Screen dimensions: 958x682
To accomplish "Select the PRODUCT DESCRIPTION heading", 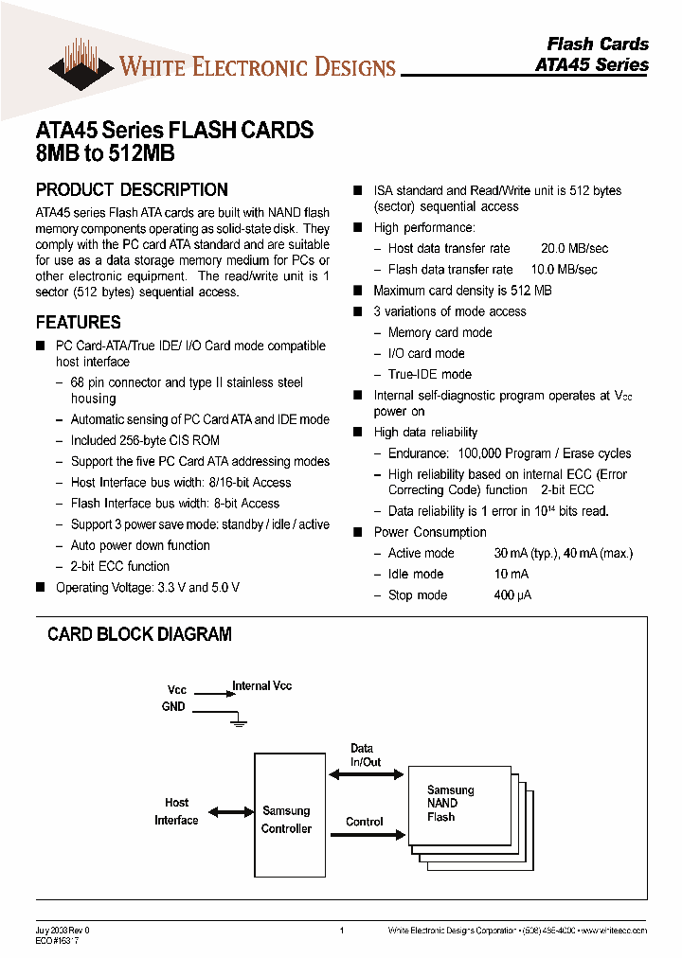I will [x=132, y=189].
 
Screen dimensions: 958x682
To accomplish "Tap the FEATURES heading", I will [x=78, y=322].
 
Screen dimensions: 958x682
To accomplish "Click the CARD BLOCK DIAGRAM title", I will [x=139, y=634].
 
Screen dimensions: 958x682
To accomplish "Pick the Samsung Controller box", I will [x=286, y=819].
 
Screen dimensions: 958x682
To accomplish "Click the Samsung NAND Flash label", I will [x=450, y=804].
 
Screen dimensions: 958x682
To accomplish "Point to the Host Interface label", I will [x=176, y=811].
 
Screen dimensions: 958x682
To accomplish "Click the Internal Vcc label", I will [x=261, y=685].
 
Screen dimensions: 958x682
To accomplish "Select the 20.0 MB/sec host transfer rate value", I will [x=574, y=248].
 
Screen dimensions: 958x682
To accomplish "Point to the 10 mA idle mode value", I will [x=511, y=575].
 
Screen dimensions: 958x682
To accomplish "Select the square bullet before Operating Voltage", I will [x=41, y=588].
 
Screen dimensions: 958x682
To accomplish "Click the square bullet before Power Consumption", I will [x=358, y=532].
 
